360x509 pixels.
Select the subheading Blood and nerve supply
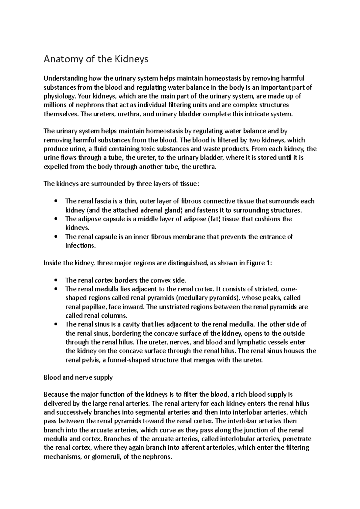[x=78, y=378]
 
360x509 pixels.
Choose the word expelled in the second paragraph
[x=56, y=167]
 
